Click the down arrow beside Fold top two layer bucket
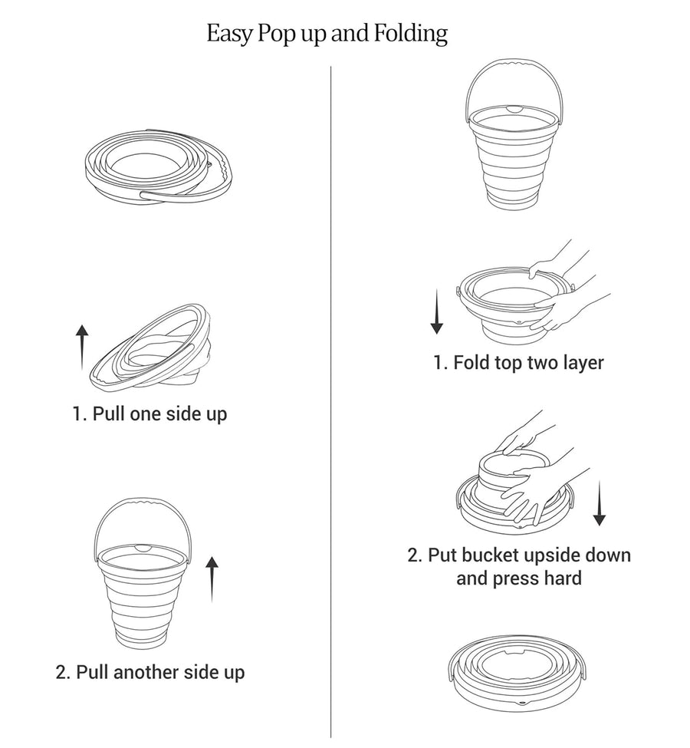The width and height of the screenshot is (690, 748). [x=436, y=311]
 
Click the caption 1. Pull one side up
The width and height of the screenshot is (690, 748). [x=150, y=414]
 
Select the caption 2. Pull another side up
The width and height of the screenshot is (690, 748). [x=150, y=673]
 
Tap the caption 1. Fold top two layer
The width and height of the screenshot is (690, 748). [x=518, y=362]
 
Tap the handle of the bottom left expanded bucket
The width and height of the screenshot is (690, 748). [x=144, y=505]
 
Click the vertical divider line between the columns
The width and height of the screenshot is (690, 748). [x=331, y=384]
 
